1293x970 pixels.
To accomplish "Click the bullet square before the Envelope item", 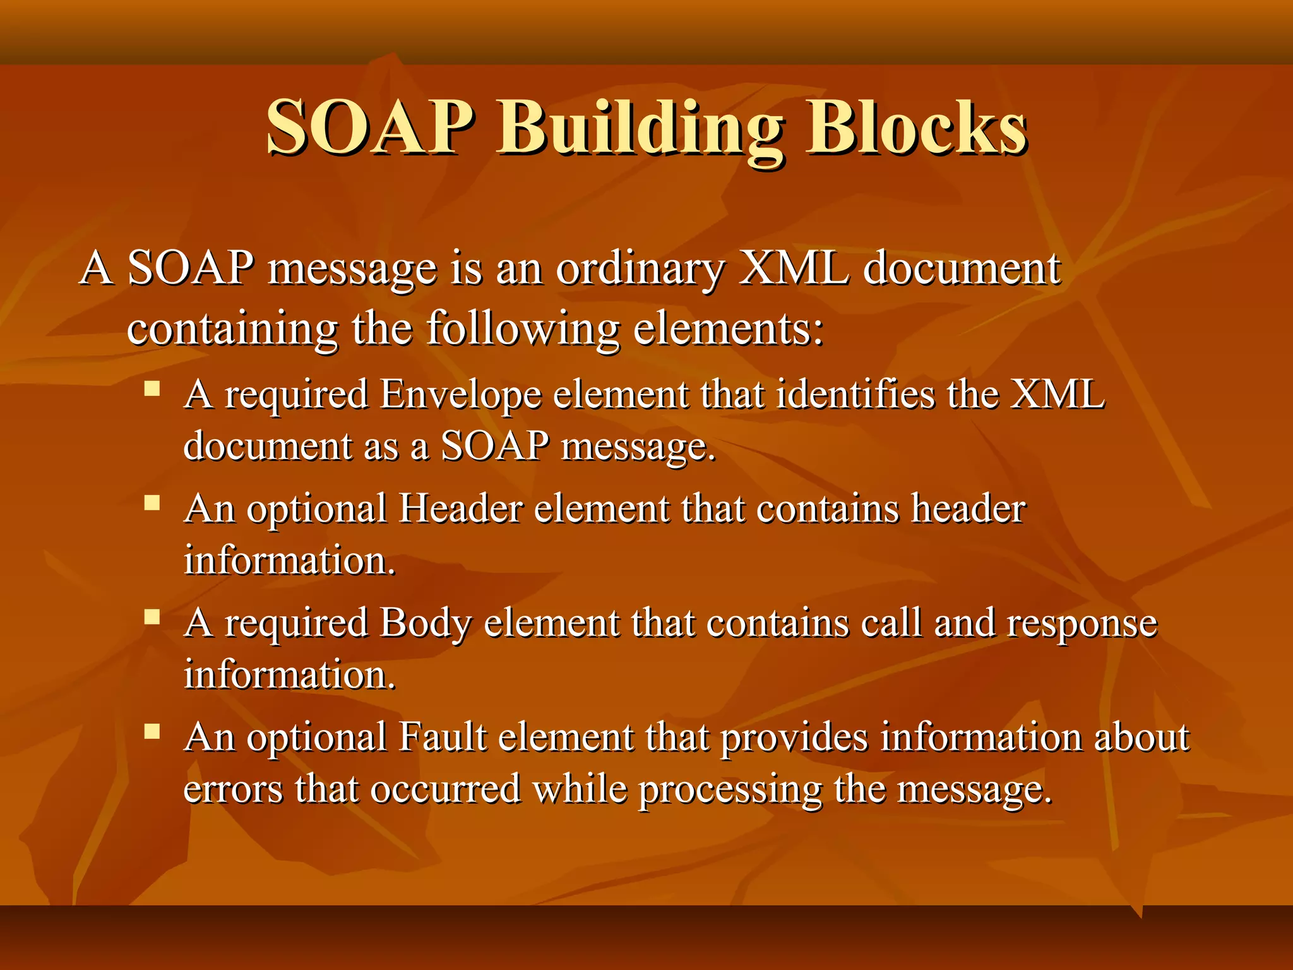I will [152, 388].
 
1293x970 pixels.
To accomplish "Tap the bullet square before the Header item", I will [152, 503].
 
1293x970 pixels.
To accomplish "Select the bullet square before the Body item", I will [152, 616].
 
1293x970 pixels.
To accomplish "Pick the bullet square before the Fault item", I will [152, 731].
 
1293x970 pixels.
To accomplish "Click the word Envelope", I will [461, 396].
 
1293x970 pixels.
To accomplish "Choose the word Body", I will [426, 624].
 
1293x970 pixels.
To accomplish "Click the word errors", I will [233, 790].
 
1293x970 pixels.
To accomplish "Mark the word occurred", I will [445, 790].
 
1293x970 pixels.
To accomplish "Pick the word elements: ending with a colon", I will [729, 330].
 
